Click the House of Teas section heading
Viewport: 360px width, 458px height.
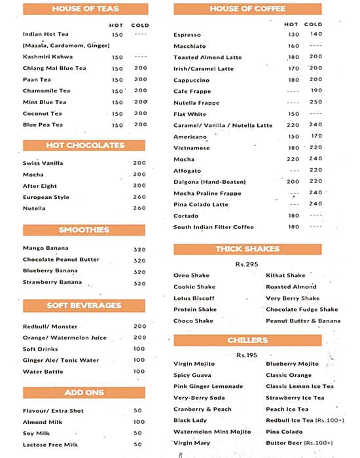click(x=84, y=9)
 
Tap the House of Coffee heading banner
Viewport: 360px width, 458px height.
click(x=247, y=9)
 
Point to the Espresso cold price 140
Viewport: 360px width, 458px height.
click(x=316, y=34)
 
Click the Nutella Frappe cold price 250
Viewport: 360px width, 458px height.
click(x=316, y=103)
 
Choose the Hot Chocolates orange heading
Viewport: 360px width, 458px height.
click(x=84, y=145)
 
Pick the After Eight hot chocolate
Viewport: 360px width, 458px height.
click(x=39, y=186)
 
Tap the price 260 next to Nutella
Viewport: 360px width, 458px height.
click(x=139, y=208)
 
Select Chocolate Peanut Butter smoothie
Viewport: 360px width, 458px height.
click(x=61, y=260)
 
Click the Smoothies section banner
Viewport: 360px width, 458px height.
click(x=84, y=230)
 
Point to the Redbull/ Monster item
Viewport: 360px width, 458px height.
click(x=50, y=326)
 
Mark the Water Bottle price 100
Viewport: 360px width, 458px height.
click(x=139, y=372)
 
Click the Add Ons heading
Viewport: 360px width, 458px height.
click(x=84, y=393)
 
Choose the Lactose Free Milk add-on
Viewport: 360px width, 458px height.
click(x=50, y=445)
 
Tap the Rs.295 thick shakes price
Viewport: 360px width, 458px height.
click(x=247, y=264)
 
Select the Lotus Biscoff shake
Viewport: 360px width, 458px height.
click(x=194, y=298)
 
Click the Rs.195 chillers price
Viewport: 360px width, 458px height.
click(x=247, y=355)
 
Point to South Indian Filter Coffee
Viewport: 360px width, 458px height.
click(x=213, y=227)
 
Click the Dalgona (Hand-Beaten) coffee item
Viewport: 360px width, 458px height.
click(x=209, y=182)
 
